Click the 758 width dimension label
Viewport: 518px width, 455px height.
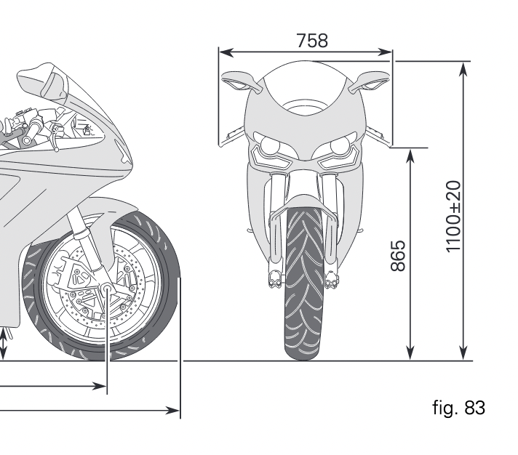(x=312, y=41)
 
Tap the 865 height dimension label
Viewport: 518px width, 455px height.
(x=398, y=256)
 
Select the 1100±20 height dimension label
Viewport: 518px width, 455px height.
(x=453, y=217)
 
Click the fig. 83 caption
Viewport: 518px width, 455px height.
(x=458, y=408)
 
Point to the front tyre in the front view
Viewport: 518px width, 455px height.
(x=303, y=283)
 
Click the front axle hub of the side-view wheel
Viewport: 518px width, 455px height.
(x=108, y=288)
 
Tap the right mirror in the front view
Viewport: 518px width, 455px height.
(x=370, y=81)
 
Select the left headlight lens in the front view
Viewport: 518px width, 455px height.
(x=270, y=146)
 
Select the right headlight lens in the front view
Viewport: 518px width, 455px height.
(x=340, y=146)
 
